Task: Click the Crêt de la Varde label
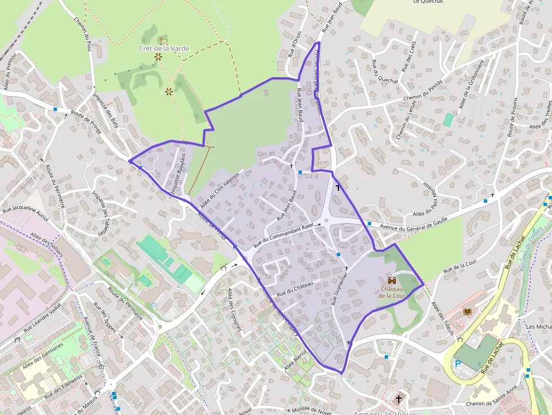tap(164, 48)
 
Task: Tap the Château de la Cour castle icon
tap(391, 280)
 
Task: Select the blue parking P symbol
tap(458, 364)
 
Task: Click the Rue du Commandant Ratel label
tap(283, 235)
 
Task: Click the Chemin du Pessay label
tap(423, 92)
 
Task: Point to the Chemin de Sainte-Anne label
tap(492, 403)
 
